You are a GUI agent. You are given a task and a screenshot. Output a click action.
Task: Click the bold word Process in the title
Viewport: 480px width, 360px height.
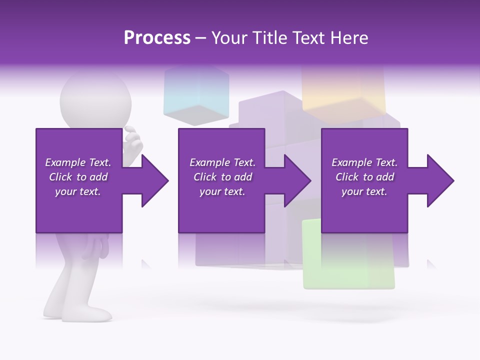(x=157, y=37)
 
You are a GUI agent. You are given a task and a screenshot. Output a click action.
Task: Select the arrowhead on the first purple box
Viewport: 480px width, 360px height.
(x=152, y=180)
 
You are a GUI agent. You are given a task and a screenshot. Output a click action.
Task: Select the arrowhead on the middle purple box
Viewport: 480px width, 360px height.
(x=295, y=180)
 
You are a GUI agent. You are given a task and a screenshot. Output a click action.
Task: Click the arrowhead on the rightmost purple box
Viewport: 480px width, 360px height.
(x=438, y=180)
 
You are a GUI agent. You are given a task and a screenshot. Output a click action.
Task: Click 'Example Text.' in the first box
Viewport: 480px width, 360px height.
(x=78, y=162)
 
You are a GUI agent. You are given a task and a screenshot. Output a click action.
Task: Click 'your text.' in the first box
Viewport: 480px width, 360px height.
(x=78, y=191)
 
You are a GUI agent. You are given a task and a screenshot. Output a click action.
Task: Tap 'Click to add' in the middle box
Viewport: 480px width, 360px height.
(x=222, y=177)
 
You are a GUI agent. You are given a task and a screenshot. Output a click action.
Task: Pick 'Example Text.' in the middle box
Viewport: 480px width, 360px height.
(x=222, y=162)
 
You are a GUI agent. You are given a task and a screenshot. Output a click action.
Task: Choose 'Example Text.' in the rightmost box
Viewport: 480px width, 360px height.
(x=364, y=162)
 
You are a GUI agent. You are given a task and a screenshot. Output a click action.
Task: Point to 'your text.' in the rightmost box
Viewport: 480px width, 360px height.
(x=364, y=191)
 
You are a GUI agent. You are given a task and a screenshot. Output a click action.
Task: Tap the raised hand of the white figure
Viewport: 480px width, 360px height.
(x=133, y=142)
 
